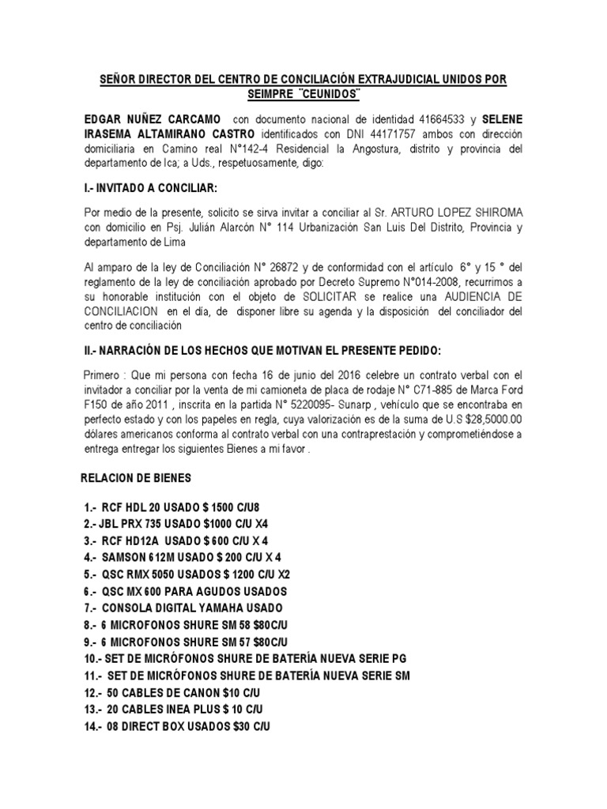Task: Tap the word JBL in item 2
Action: pyautogui.click(x=111, y=524)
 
